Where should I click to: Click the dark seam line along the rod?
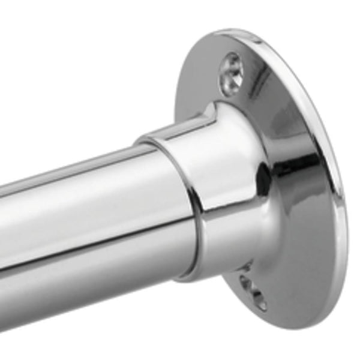(90, 237)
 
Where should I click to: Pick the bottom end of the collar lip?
(186, 278)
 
